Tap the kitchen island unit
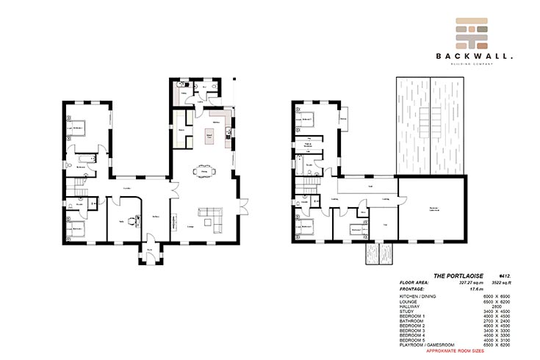point(210,137)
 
